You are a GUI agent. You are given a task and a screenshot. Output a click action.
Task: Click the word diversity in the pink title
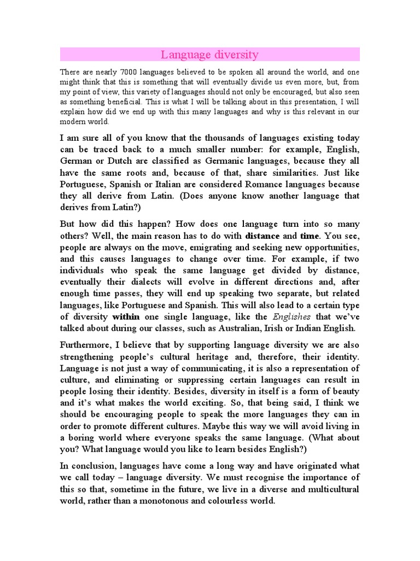point(234,55)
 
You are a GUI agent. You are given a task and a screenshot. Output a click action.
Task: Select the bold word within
point(127,316)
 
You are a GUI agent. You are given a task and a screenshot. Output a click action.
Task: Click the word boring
point(84,438)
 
